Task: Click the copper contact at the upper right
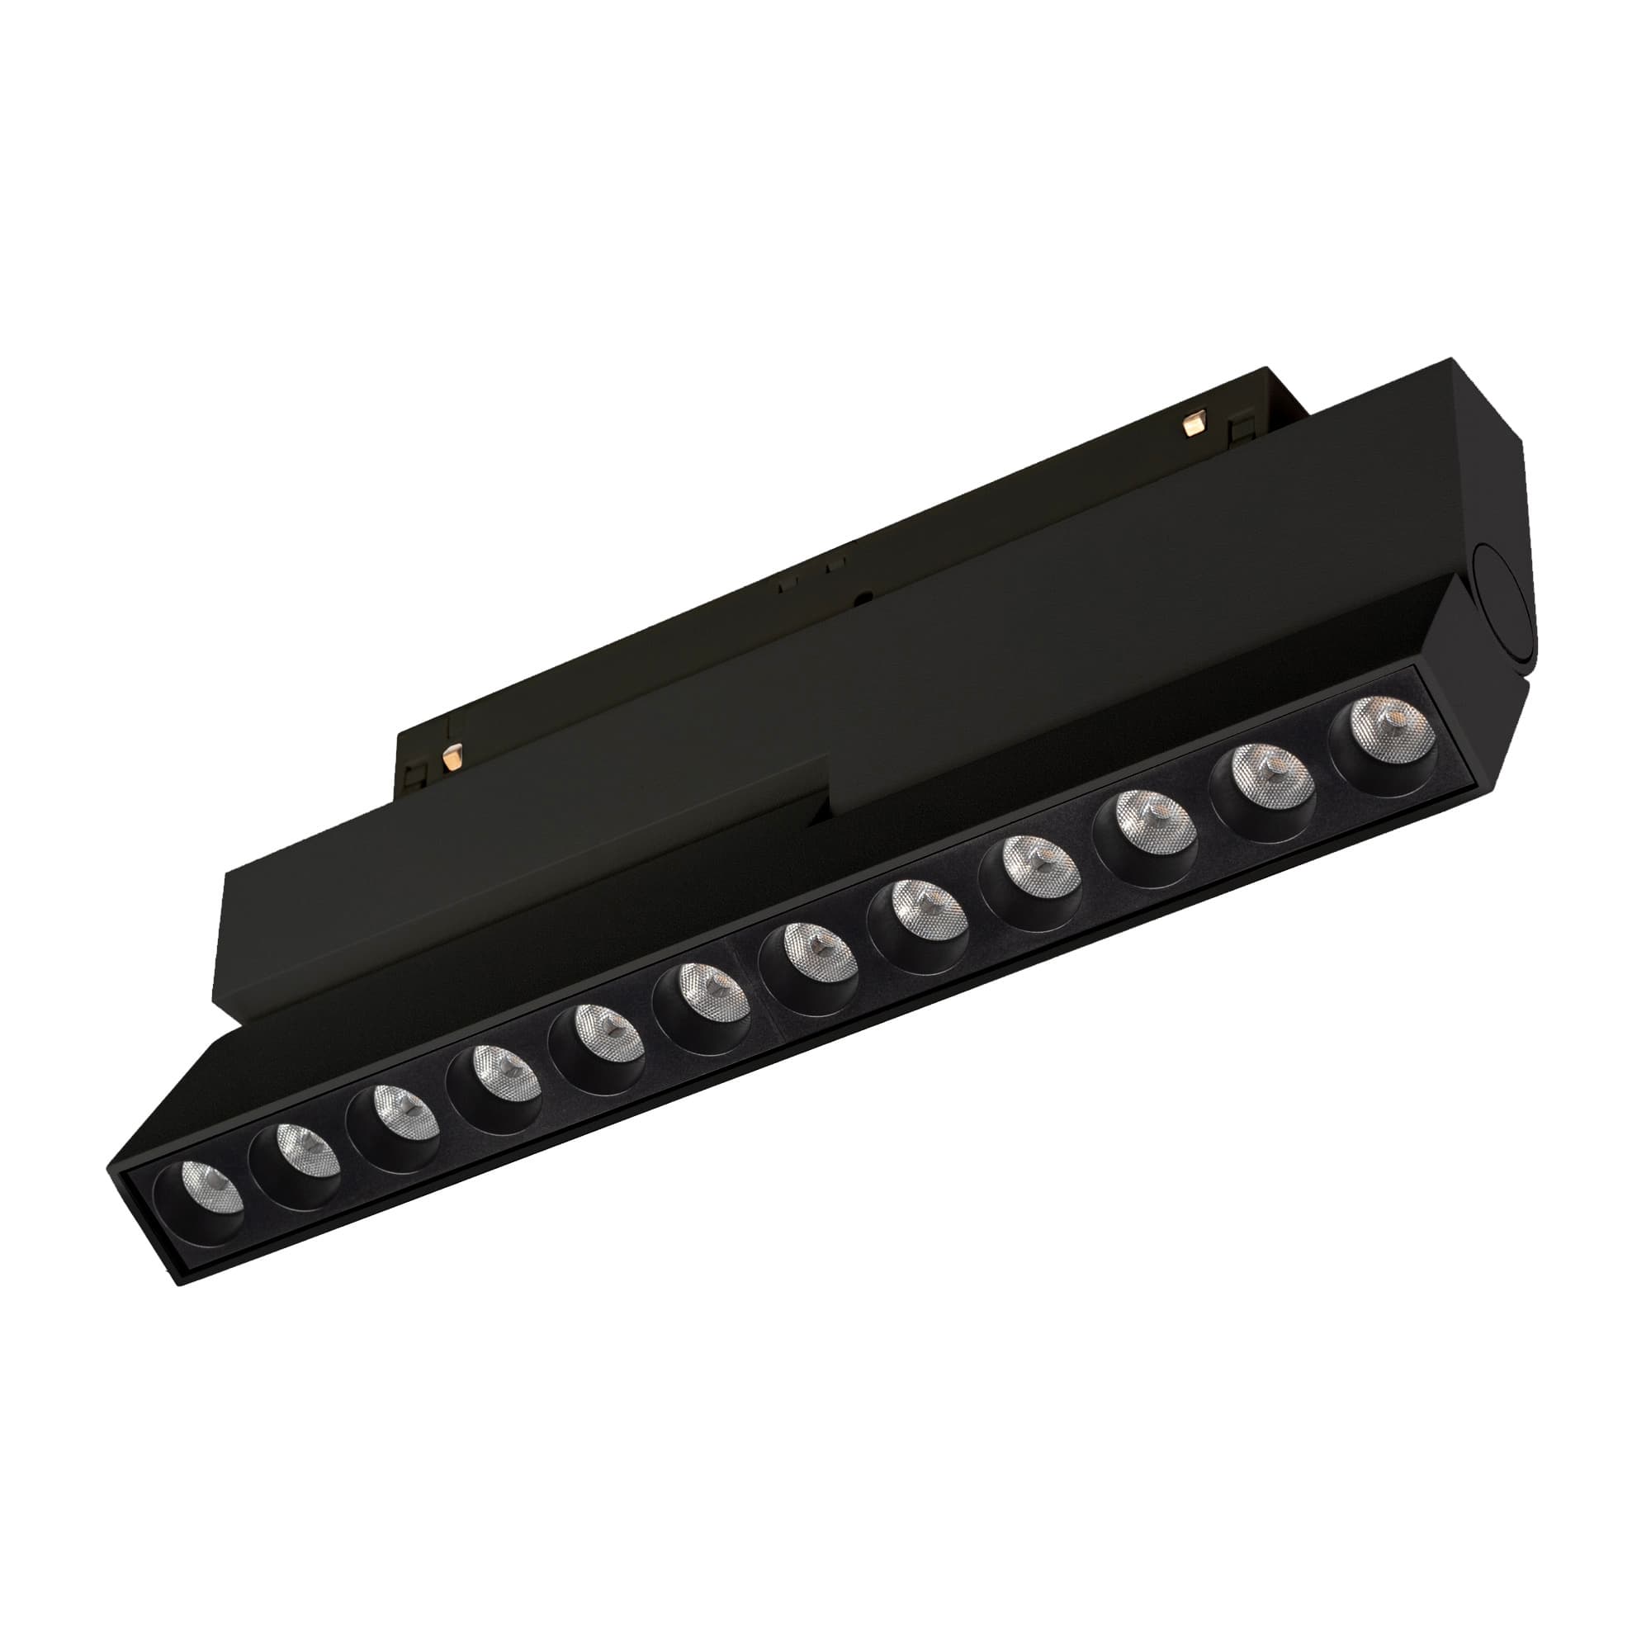pyautogui.click(x=1193, y=422)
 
